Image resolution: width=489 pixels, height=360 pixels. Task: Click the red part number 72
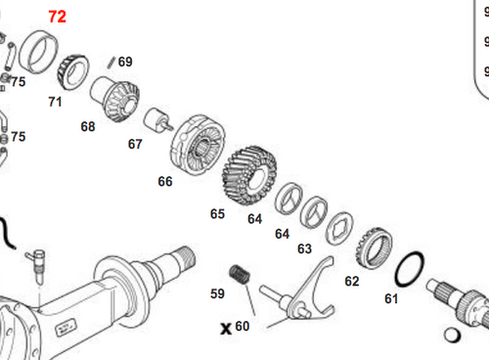[58, 17]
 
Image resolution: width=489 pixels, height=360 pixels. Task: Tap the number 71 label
[55, 101]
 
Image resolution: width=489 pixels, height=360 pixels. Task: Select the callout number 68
[88, 126]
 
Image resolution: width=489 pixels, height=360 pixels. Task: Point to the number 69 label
[125, 62]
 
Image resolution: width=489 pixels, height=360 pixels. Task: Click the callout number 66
[164, 181]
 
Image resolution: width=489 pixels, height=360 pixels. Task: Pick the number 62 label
[352, 281]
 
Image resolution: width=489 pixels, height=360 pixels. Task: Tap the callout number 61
[391, 297]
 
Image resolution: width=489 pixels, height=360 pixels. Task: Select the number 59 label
[217, 292]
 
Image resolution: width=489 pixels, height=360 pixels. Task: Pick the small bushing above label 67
[153, 123]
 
